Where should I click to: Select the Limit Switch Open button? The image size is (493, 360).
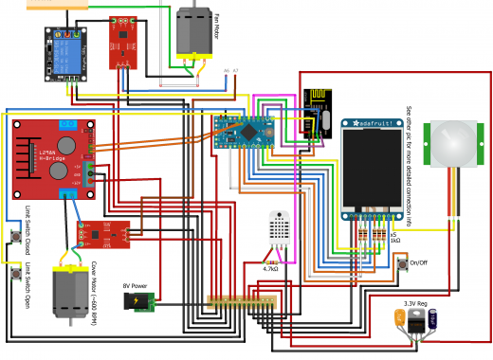(x=16, y=274)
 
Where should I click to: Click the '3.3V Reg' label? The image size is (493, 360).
(x=417, y=304)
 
